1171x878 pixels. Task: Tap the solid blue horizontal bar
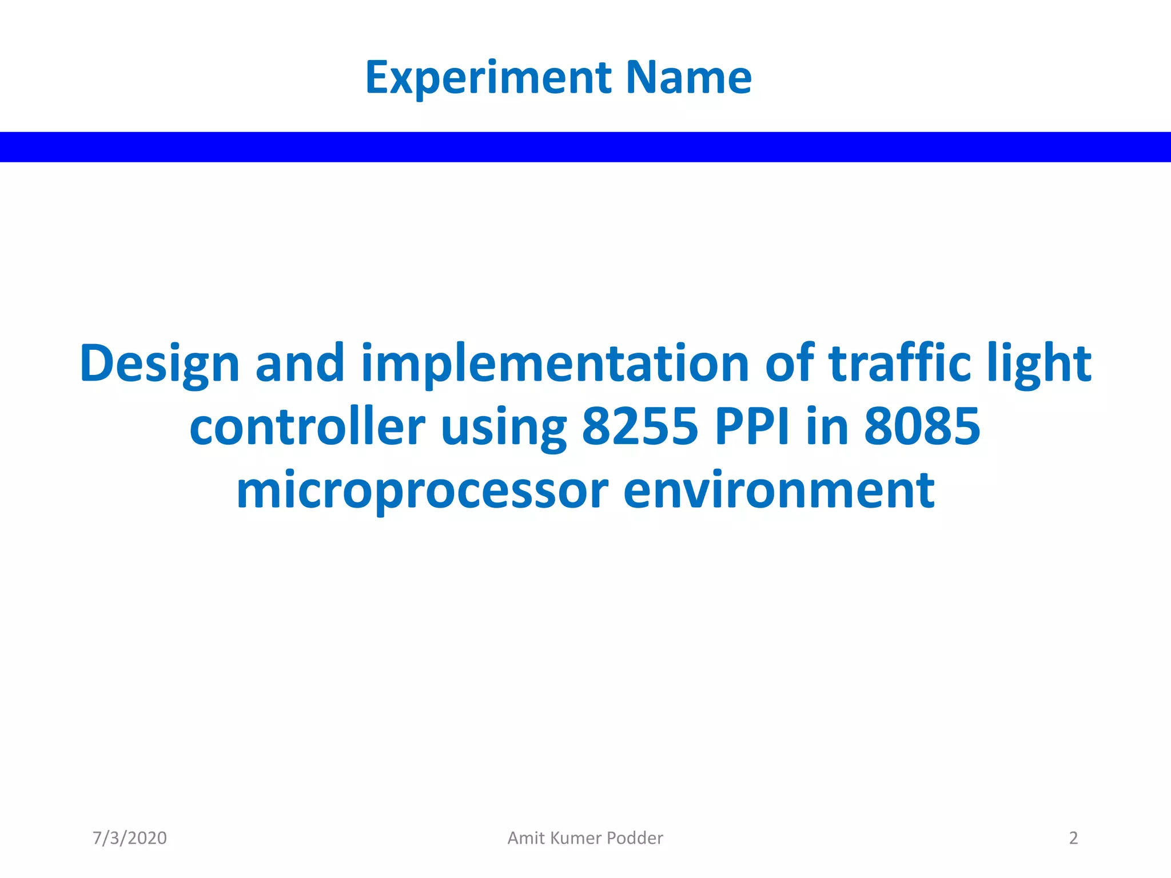pos(585,147)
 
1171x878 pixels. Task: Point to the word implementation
pos(555,364)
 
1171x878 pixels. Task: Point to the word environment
pos(779,490)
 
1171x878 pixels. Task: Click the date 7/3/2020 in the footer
pos(130,838)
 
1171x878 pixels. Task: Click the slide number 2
pos(1073,838)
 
